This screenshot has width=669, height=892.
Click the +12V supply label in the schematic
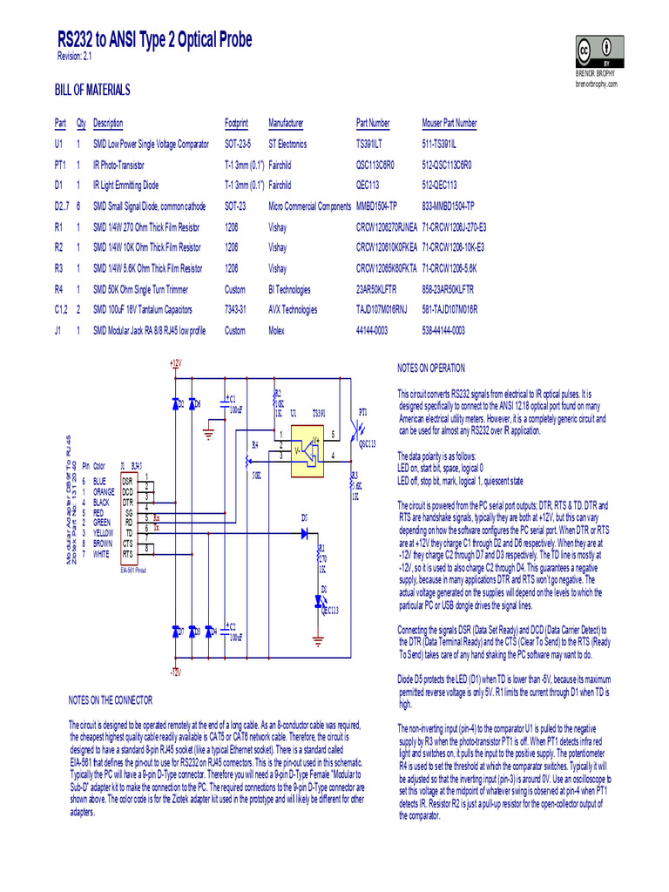174,362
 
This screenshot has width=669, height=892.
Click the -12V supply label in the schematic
174,672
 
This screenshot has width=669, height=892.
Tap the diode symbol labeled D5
305,529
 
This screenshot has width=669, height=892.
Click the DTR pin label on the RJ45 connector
128,503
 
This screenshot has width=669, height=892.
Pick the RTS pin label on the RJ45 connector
128,553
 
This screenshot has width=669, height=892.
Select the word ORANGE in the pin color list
104,491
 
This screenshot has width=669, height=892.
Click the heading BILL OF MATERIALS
92,90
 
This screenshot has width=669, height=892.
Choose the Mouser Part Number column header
449,124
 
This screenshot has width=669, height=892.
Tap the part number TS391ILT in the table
375,144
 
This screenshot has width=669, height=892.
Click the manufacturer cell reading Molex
278,330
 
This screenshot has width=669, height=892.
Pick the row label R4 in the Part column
59,289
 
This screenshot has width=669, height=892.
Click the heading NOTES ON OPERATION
431,368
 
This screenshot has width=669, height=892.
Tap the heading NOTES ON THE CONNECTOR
111,699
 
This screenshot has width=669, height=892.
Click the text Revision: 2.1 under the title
75,57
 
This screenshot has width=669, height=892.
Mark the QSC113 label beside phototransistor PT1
366,444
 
